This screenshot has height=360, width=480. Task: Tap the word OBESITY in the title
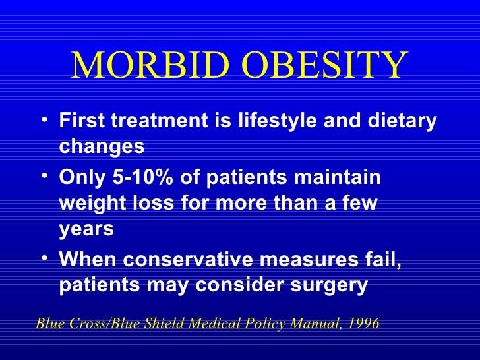click(315, 65)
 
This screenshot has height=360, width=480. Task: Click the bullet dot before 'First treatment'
click(44, 120)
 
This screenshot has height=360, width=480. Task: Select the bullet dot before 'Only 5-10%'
click(44, 177)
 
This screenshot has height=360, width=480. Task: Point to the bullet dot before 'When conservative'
click(44, 260)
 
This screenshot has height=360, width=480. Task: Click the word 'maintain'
click(343, 179)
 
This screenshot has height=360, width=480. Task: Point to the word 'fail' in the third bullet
click(383, 262)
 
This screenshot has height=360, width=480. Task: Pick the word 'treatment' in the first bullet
click(152, 122)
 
